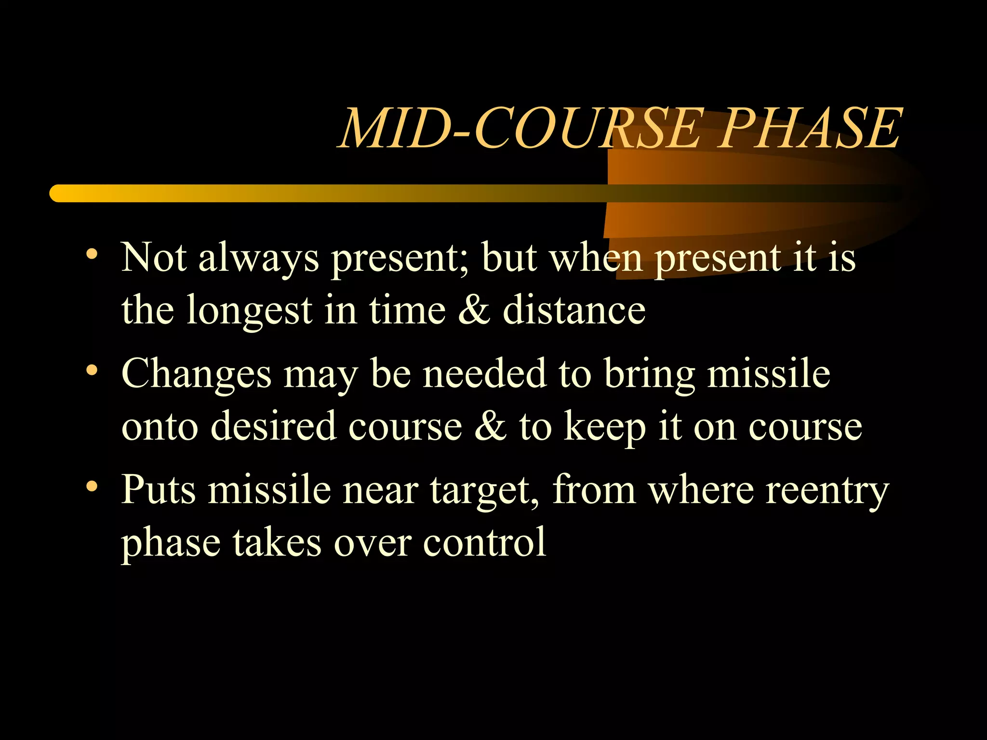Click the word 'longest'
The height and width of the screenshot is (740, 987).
[x=249, y=311]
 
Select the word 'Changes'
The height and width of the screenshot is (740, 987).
[x=196, y=375]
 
